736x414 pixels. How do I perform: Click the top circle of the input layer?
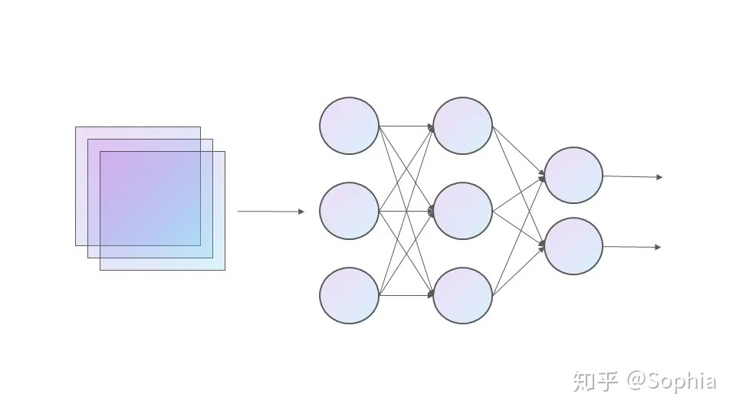349,126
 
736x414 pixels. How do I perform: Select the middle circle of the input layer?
349,211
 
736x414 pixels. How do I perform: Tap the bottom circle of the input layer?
349,295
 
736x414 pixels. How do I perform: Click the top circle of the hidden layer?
462,126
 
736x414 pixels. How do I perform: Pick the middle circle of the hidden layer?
462,211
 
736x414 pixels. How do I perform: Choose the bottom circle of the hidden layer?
462,295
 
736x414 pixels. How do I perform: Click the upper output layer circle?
573,175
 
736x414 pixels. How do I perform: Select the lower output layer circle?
573,246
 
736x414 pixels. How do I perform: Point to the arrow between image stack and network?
270,211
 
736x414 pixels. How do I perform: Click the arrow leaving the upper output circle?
632,176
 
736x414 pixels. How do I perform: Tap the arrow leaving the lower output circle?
632,247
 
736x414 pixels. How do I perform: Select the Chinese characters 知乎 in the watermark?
595,381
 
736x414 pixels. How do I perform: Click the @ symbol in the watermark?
637,381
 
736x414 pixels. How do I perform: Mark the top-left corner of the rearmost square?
76,127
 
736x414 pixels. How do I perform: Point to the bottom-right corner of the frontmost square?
225,270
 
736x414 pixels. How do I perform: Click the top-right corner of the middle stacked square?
212,140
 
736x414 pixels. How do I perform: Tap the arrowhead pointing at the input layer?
301,212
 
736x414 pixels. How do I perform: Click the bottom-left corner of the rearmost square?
76,245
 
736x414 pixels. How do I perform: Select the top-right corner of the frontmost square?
225,152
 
